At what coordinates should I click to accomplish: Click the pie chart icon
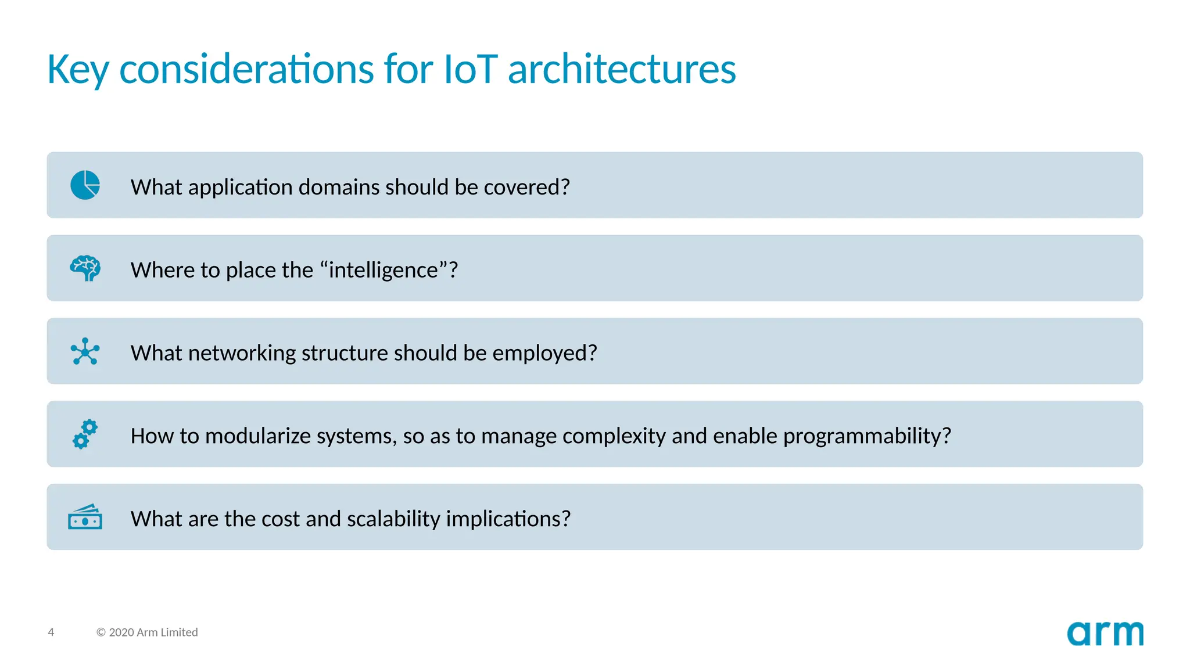coord(85,185)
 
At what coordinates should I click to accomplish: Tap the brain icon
coord(85,268)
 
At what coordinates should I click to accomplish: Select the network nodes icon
coord(85,351)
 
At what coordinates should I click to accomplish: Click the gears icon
coord(85,434)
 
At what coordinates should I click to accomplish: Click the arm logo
coord(1105,634)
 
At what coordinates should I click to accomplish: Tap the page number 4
coord(51,632)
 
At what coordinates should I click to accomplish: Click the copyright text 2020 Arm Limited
coord(147,632)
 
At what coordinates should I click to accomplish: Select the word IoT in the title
coord(471,70)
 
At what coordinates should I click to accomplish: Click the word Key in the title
coord(78,70)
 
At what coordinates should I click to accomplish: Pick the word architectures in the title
coord(622,70)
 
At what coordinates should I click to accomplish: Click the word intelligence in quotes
coord(383,270)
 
